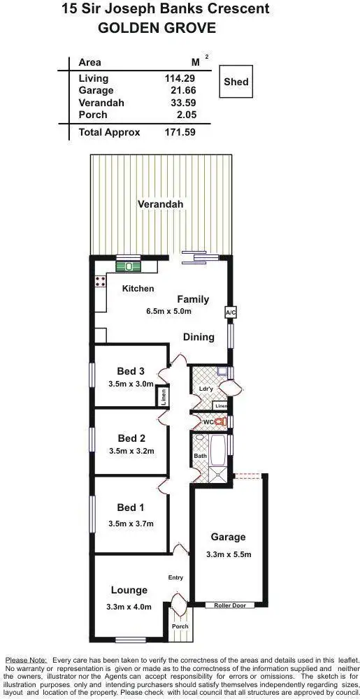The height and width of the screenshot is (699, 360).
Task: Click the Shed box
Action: [x=236, y=82]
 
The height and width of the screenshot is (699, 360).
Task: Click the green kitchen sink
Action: [x=129, y=265]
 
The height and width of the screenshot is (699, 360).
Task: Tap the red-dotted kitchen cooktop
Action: [x=100, y=282]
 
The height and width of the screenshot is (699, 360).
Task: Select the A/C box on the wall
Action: [x=230, y=312]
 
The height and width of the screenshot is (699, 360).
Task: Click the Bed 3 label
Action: [x=131, y=371]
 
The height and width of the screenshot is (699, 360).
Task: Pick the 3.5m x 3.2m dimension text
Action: [x=131, y=451]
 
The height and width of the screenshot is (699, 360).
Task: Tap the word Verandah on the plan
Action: [x=160, y=204]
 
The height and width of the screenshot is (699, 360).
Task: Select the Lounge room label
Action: [x=129, y=591]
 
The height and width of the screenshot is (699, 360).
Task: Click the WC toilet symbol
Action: [x=219, y=422]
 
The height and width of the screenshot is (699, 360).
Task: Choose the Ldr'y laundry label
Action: [x=206, y=389]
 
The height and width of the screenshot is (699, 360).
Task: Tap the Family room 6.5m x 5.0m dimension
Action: [x=168, y=312]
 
